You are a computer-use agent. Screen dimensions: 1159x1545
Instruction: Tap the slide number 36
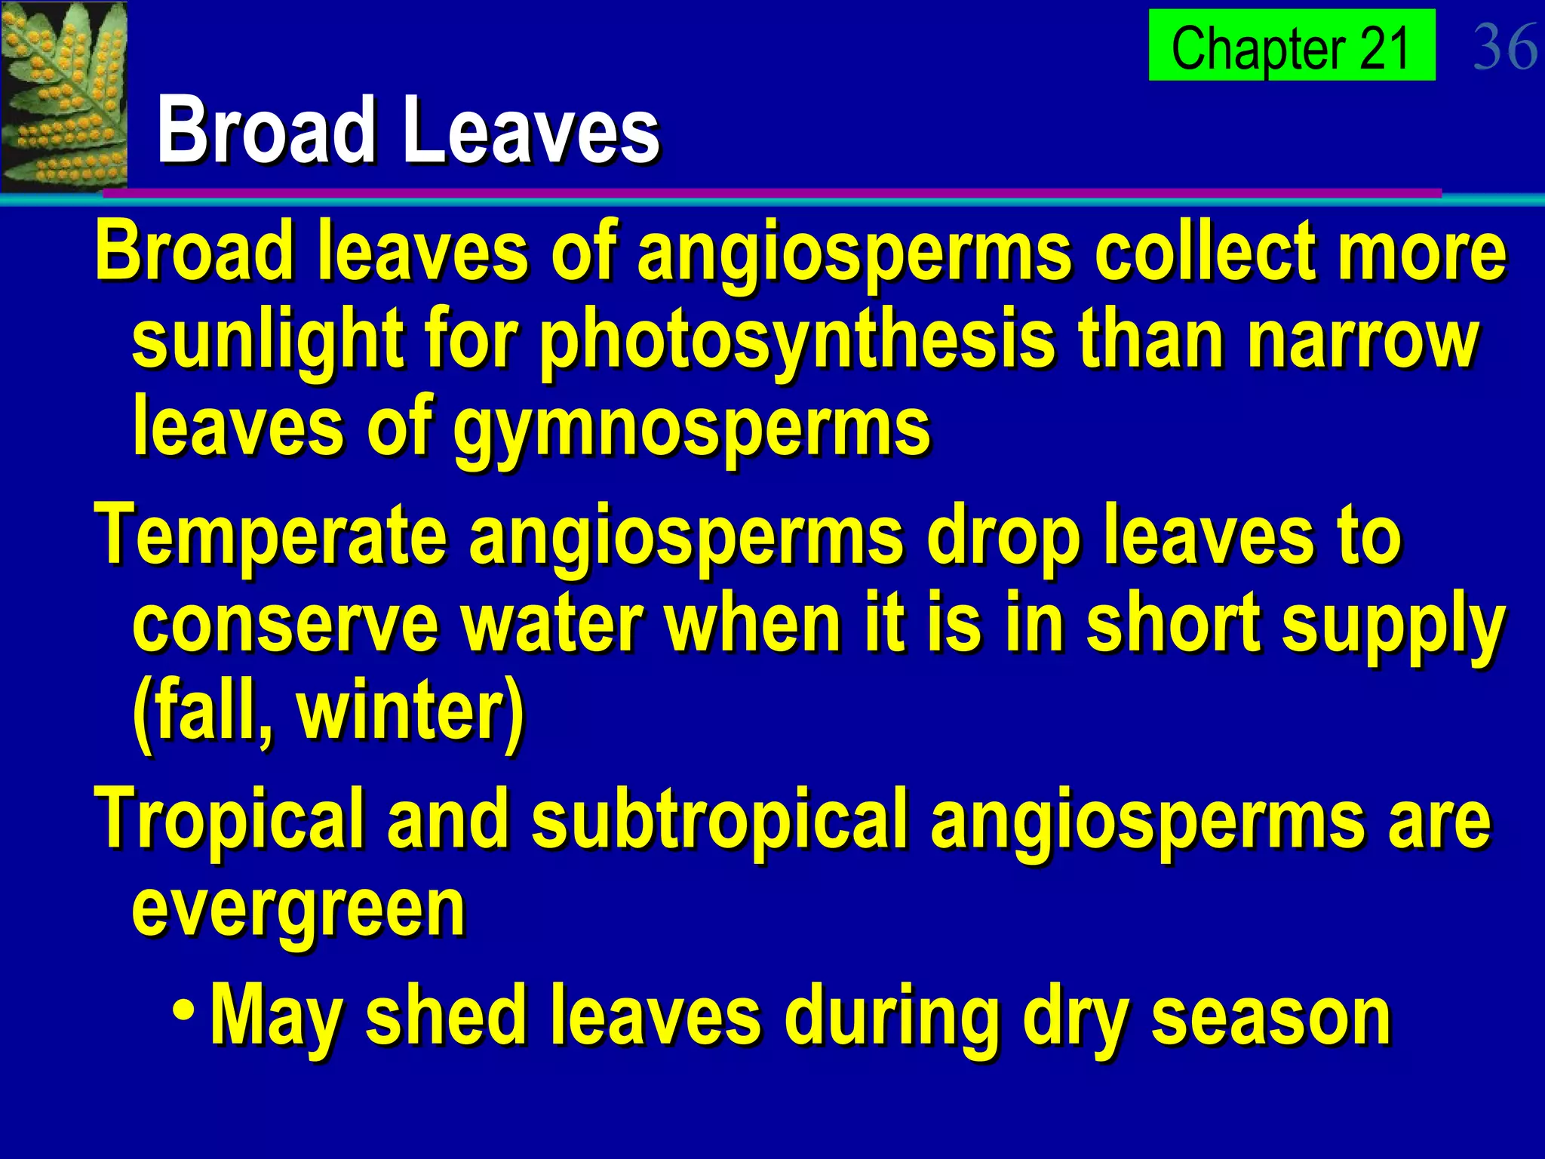tap(1504, 47)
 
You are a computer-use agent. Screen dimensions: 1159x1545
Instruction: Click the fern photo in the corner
tap(63, 96)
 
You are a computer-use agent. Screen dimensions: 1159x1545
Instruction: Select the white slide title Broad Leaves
tap(408, 130)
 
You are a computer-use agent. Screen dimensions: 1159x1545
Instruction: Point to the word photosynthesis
tap(797, 341)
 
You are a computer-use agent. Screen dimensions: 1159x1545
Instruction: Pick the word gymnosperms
tap(691, 428)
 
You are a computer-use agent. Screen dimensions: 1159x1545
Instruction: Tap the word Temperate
tap(270, 536)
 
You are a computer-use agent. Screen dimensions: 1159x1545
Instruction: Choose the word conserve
tap(285, 623)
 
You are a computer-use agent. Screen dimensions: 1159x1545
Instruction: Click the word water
tap(551, 623)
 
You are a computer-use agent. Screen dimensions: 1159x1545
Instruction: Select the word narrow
tap(1362, 341)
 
